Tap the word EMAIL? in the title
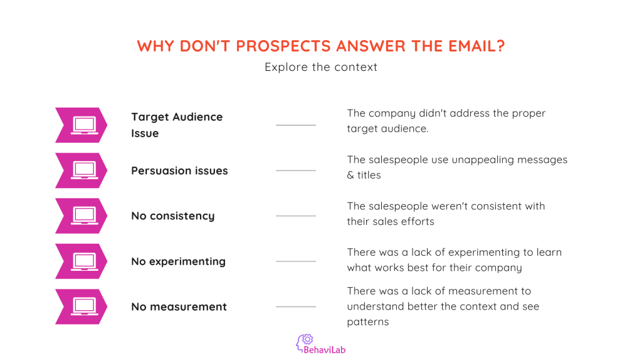(476, 46)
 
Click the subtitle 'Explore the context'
(321, 66)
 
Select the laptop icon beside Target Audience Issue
(85, 125)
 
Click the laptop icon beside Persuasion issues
(85, 170)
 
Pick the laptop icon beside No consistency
(85, 216)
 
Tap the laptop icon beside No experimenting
(85, 261)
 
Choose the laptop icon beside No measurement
(85, 306)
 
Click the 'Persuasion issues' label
(179, 170)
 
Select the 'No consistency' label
(173, 216)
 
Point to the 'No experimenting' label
(178, 261)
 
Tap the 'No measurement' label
(179, 306)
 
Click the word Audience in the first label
(197, 117)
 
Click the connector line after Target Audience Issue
(296, 125)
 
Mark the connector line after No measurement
(296, 306)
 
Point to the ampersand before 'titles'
(350, 175)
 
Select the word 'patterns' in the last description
(367, 322)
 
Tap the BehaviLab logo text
(324, 350)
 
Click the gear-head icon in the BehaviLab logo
(305, 342)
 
